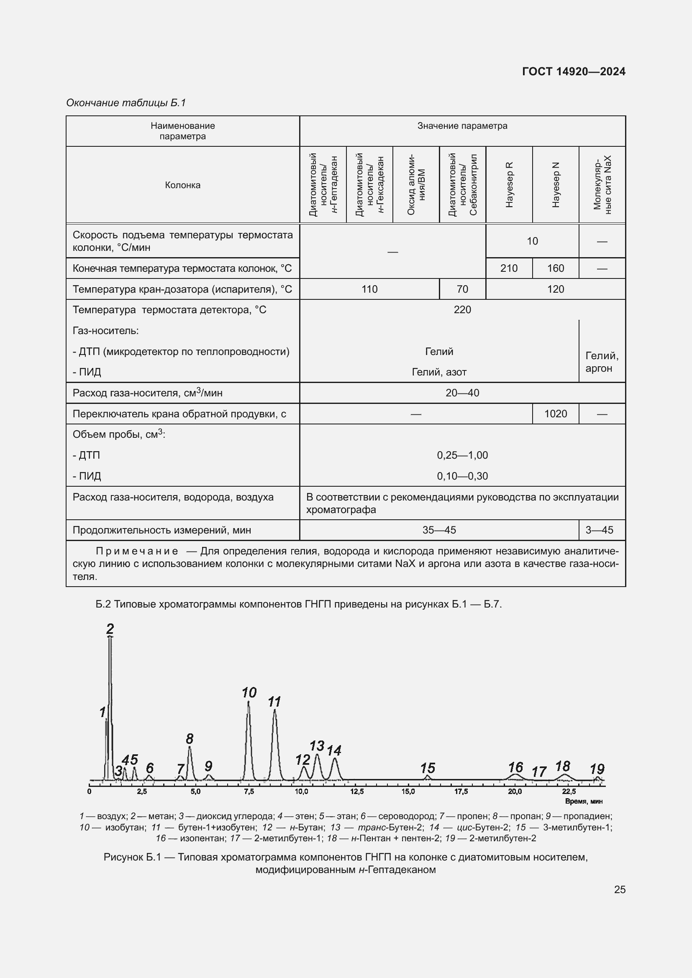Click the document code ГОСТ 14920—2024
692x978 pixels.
pos(574,71)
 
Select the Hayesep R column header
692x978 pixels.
pos(509,184)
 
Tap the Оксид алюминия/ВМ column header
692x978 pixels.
pos(416,184)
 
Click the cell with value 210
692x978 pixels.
pos(509,268)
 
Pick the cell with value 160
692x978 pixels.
pos(555,268)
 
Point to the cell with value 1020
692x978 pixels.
pos(555,414)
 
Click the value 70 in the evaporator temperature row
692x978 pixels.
pos(462,289)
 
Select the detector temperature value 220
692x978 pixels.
pos(462,310)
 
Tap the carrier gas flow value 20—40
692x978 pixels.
pos(462,393)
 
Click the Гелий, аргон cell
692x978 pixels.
pos(601,362)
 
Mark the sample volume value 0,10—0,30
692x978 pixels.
pos(462,476)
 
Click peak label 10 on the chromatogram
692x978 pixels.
pos(249,693)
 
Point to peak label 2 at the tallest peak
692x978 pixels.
pos(110,629)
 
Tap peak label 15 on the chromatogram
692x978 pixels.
pos(428,769)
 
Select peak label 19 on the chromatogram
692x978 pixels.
pos(597,769)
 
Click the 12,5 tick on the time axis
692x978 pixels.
pos(356,792)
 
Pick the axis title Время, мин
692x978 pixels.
pos(583,801)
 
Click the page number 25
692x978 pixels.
pos(620,889)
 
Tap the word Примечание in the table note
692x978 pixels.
pos(137,551)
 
